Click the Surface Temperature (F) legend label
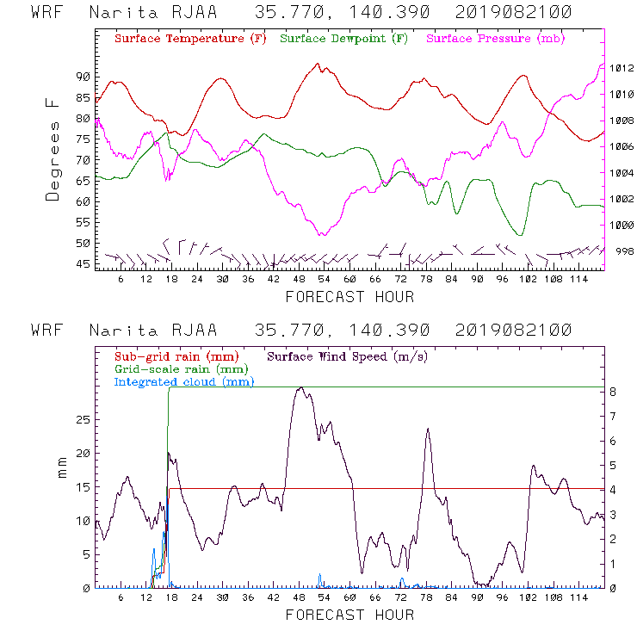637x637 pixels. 190,40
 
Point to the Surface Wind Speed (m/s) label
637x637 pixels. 349,356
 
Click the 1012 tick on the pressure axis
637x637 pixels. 622,68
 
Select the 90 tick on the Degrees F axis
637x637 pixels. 83,77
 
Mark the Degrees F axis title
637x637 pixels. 53,151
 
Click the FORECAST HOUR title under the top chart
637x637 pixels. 349,297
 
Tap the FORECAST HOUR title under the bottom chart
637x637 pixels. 349,615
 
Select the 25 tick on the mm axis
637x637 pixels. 83,419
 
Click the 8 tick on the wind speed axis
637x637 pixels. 612,392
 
